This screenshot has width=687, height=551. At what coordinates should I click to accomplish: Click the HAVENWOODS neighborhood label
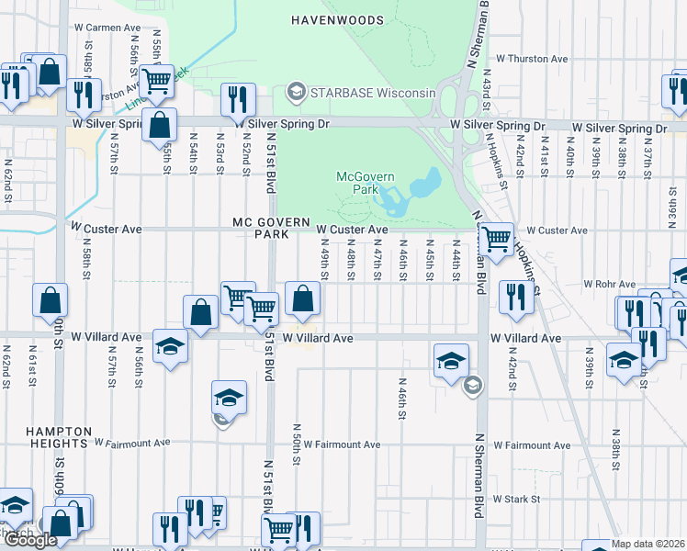[x=334, y=19]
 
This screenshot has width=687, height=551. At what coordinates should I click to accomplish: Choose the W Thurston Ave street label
[x=532, y=59]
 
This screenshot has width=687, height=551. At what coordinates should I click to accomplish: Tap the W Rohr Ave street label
[x=610, y=285]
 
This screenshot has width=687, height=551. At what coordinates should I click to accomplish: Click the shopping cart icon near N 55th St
[x=157, y=80]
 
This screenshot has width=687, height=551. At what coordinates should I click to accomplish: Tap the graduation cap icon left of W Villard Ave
[x=171, y=346]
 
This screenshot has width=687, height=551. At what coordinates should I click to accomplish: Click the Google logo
[x=30, y=540]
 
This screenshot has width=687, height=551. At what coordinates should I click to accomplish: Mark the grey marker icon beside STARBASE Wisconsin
[x=296, y=92]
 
